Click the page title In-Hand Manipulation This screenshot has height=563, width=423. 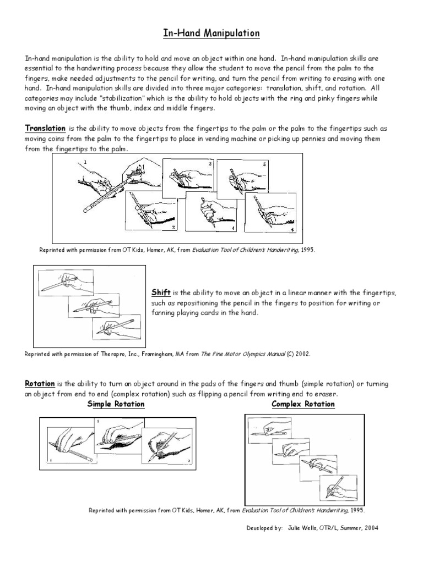point(211,34)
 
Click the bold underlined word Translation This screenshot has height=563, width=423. point(45,128)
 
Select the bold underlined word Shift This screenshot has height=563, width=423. point(160,292)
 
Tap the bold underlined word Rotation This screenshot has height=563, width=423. point(40,383)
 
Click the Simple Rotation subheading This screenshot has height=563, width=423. point(116,404)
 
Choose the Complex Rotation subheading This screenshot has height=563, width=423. point(303,404)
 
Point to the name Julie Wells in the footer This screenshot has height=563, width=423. point(302,528)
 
